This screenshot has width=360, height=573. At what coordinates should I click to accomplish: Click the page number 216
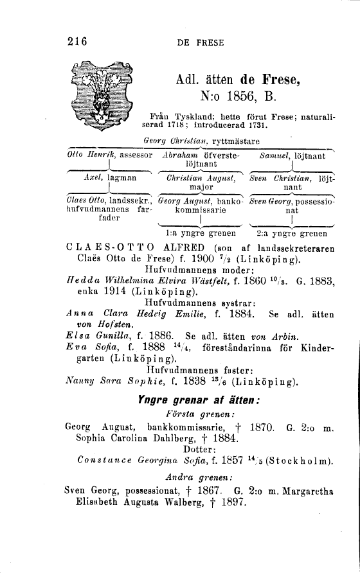click(x=76, y=43)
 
